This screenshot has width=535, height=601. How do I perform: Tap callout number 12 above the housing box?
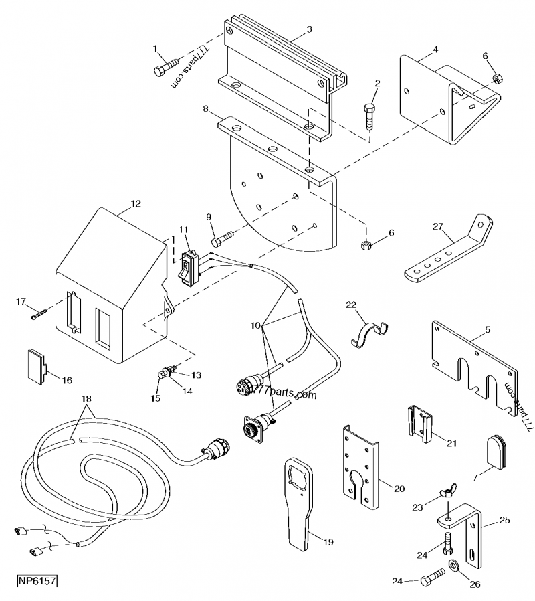click(x=136, y=203)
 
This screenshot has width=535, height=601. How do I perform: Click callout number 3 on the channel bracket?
click(x=309, y=29)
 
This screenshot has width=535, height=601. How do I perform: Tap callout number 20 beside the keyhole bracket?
click(x=399, y=489)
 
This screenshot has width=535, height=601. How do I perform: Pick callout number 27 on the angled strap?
click(x=437, y=226)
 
